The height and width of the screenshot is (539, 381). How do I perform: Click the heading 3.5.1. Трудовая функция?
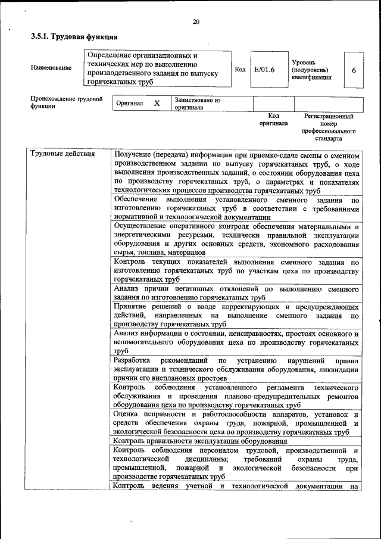pos(74,37)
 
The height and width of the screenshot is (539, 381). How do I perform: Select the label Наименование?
pos(51,68)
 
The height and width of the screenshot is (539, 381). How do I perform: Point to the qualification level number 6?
pos(354,70)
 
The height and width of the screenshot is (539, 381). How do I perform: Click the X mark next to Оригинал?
pos(157,103)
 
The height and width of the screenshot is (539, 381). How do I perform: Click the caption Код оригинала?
pos(273,120)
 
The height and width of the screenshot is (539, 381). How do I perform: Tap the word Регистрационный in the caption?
pos(329,117)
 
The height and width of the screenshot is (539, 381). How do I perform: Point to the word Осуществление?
pos(140,227)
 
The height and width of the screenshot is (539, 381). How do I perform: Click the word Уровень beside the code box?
pos(304,63)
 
